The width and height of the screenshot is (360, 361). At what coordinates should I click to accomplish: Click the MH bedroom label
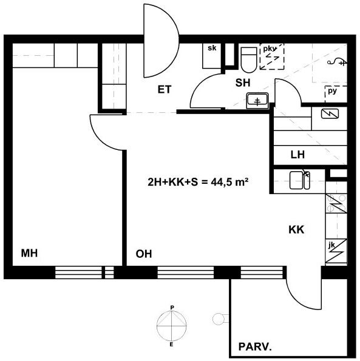[29, 253]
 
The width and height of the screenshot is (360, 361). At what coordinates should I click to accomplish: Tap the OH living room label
[144, 254]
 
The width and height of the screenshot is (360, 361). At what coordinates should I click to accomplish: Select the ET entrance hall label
[165, 90]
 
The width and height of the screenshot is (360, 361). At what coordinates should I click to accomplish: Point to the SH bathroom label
[243, 83]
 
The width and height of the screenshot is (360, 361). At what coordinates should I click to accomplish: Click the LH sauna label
[297, 155]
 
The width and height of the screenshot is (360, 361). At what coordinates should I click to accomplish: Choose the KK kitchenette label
[296, 229]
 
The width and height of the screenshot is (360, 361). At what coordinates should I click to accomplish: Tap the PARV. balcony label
[255, 346]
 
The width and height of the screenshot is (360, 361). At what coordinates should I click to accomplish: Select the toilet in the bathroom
[249, 59]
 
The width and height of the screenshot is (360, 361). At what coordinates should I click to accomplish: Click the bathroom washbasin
[257, 100]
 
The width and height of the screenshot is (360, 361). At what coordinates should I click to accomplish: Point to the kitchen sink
[300, 180]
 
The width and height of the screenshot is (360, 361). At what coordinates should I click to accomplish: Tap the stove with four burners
[336, 203]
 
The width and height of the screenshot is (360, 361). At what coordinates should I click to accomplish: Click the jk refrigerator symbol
[336, 251]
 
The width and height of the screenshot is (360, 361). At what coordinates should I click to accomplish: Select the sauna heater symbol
[330, 113]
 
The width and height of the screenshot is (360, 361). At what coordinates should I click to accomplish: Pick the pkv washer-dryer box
[272, 56]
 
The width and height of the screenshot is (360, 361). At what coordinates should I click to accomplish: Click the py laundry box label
[332, 91]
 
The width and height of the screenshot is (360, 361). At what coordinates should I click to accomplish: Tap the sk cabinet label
[212, 48]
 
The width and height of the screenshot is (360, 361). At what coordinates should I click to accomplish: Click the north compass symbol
[172, 326]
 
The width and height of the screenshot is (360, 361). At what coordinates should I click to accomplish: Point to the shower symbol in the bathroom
[337, 61]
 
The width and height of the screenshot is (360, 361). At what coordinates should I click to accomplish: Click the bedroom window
[84, 272]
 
